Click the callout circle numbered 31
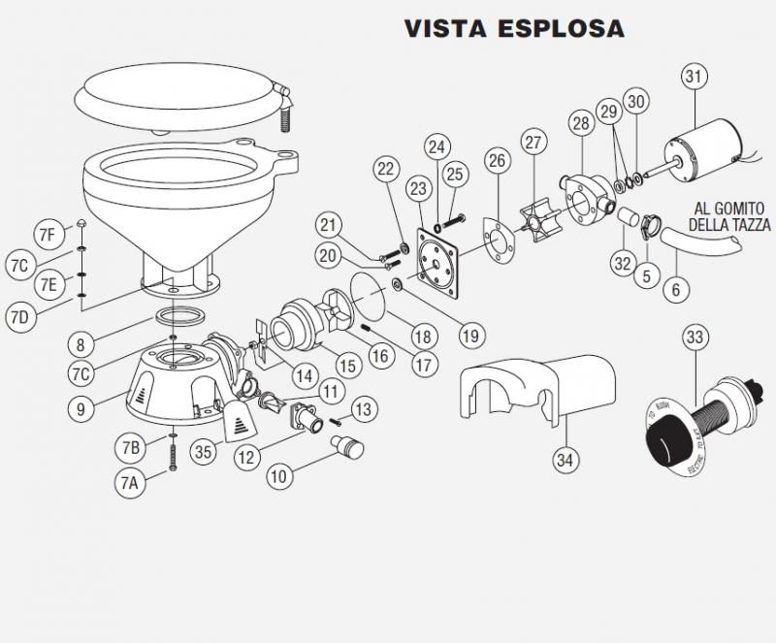coord(694,76)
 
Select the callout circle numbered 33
coord(694,338)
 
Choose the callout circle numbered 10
coord(279,477)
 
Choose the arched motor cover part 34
coord(543,389)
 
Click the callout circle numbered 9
coord(83,408)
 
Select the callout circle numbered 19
coord(470,337)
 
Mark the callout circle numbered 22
coord(387,169)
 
